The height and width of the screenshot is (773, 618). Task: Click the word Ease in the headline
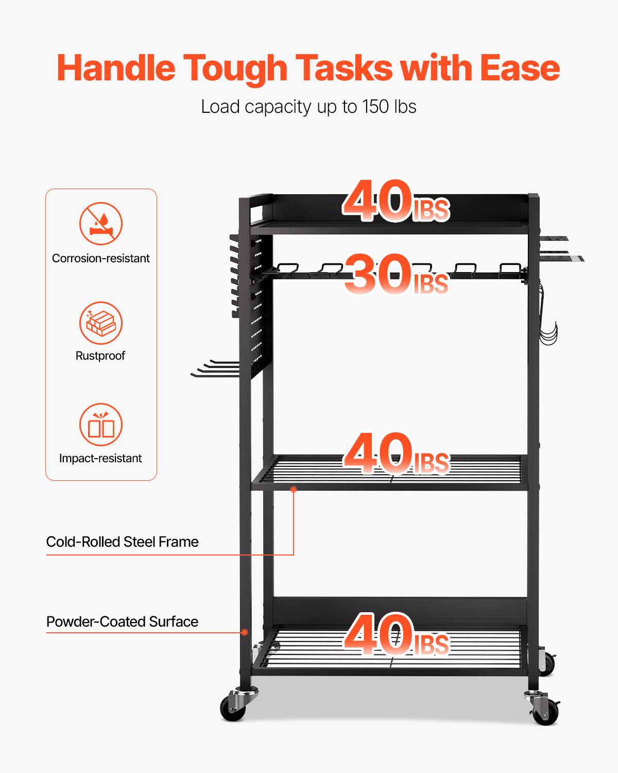pos(520,68)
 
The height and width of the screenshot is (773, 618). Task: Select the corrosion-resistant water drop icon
pos(101,224)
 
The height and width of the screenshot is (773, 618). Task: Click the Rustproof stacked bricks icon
pos(101,323)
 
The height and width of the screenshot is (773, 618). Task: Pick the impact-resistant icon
pos(101,425)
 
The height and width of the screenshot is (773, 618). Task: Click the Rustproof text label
pos(100,356)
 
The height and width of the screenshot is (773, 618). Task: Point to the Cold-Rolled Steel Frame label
pos(122,542)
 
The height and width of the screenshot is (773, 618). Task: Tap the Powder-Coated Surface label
pos(122,621)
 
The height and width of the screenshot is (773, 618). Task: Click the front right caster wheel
pos(544,711)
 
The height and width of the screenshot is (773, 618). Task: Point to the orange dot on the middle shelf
pos(294,489)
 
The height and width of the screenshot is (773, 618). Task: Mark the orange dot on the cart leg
pos(246,632)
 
